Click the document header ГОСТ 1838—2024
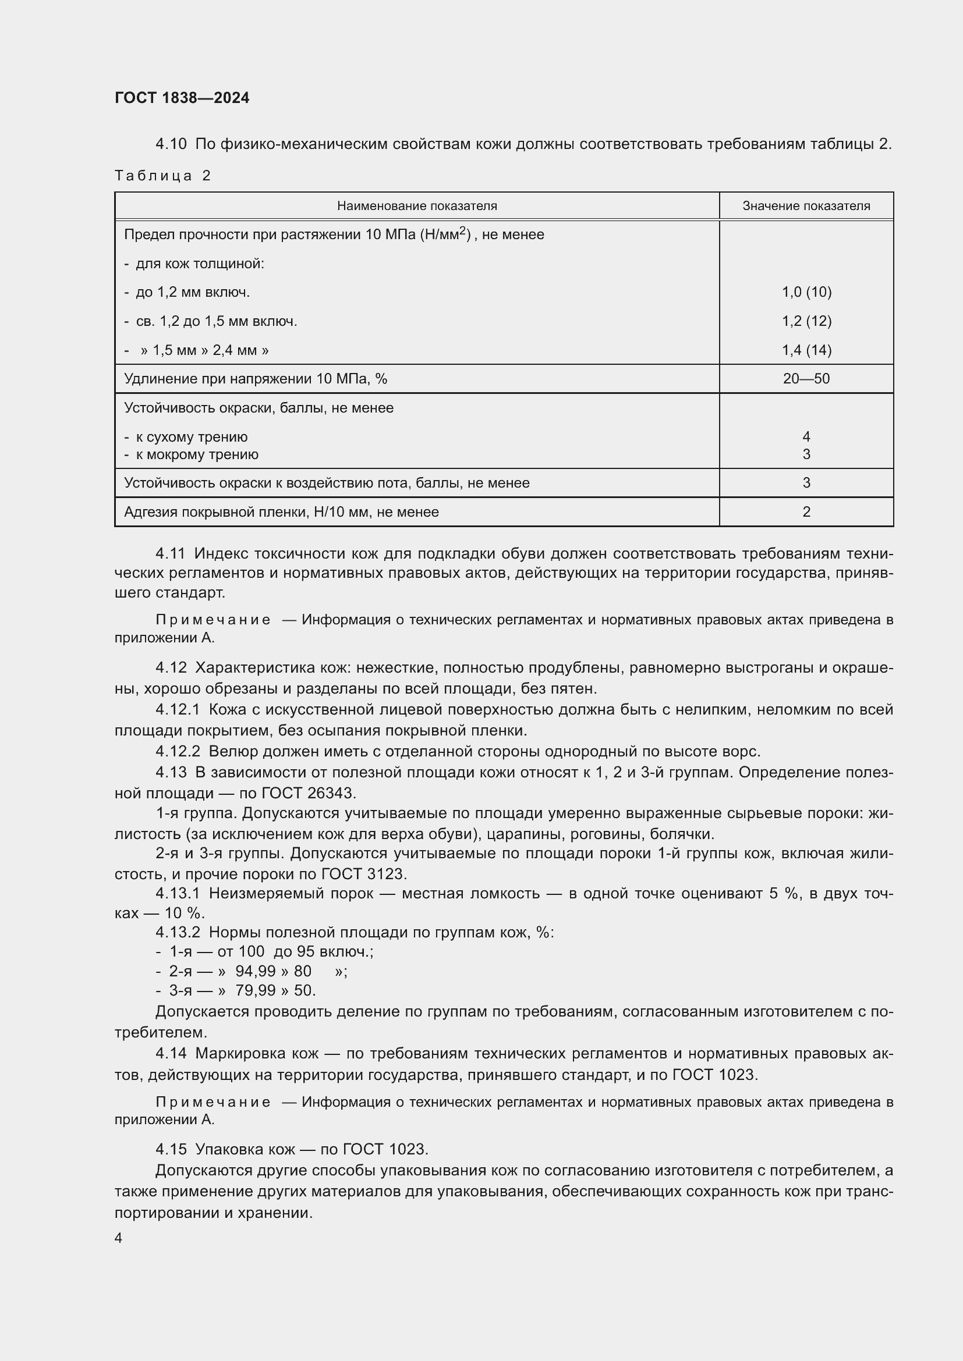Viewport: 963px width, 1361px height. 182,98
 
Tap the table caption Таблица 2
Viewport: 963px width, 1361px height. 162,176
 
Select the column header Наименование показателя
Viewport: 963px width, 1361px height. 417,205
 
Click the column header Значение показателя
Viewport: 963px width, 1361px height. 806,205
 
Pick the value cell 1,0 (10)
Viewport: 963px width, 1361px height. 806,292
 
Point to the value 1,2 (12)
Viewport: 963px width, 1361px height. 806,321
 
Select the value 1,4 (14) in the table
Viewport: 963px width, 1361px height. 806,350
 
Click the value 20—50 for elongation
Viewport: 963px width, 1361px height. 806,379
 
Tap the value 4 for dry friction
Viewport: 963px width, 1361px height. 806,437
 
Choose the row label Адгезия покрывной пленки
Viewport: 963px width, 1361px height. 281,512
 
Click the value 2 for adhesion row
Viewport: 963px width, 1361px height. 806,512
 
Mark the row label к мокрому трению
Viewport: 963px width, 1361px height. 196,454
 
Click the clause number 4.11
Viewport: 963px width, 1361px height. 170,553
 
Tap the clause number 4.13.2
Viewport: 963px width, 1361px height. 178,932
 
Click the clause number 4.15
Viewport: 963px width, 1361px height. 171,1149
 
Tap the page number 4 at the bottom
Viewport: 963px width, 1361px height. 119,1238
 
